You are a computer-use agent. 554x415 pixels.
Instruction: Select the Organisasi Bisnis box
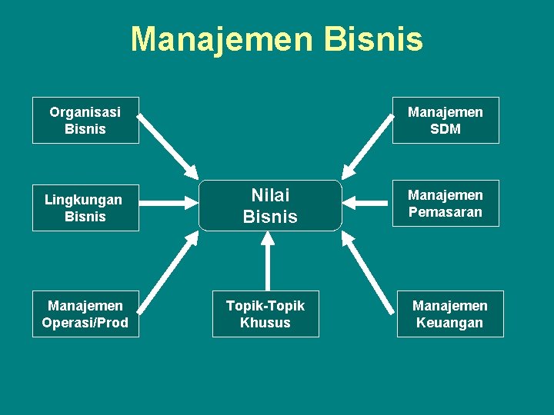[x=85, y=121]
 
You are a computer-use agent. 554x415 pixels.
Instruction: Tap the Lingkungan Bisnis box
[x=85, y=207]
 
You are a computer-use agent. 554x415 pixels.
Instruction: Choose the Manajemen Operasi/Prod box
[x=85, y=314]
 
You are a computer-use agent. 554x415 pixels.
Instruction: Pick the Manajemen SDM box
[x=446, y=121]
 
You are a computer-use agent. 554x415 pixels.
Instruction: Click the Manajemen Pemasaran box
[x=446, y=204]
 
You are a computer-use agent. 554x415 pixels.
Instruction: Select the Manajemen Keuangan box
[x=450, y=314]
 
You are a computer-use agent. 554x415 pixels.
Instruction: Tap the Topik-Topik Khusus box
[x=265, y=314]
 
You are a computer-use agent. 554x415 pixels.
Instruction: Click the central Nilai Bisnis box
[x=270, y=206]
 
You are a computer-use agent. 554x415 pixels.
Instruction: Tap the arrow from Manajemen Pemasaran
[x=367, y=204]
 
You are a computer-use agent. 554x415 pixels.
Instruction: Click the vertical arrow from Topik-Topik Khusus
[x=268, y=261]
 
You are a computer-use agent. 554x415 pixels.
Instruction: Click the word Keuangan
[x=450, y=323]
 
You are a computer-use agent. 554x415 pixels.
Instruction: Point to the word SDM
[x=446, y=129]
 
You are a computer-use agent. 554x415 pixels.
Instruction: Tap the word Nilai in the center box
[x=270, y=196]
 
